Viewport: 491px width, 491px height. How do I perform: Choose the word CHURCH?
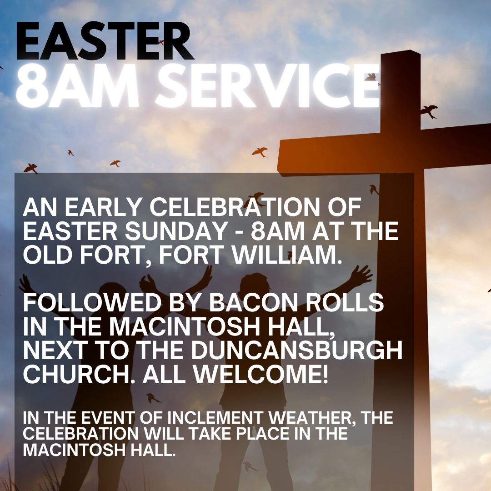pos(75,374)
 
